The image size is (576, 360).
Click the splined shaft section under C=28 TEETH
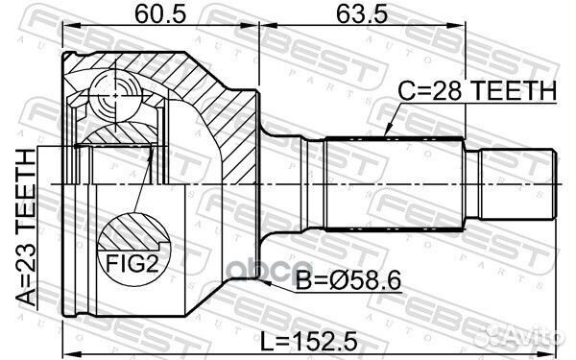tap(395, 180)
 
